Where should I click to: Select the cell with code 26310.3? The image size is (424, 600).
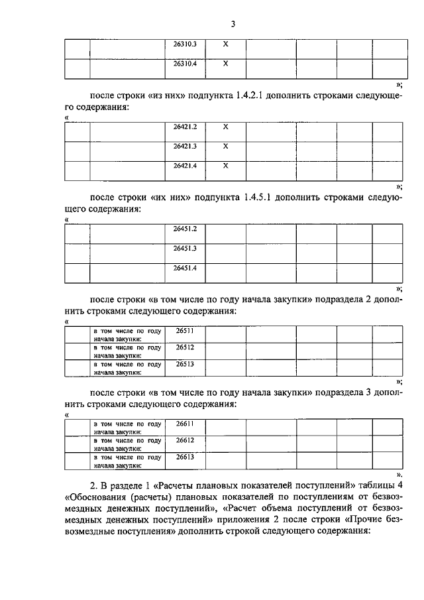(185, 45)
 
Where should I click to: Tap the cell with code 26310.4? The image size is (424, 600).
(185, 64)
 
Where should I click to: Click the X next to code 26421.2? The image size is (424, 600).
(225, 126)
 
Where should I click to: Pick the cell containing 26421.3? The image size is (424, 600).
(185, 145)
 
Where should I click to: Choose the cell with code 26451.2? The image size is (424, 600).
(185, 229)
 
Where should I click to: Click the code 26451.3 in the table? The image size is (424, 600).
(185, 248)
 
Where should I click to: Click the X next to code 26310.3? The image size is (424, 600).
(225, 45)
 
